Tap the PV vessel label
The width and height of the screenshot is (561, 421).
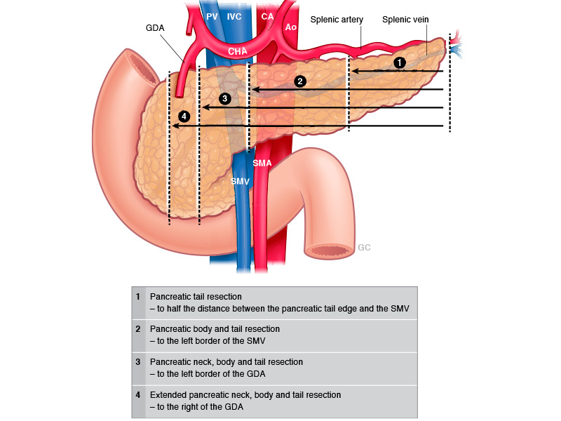click(x=212, y=15)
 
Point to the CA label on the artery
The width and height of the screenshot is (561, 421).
click(x=267, y=15)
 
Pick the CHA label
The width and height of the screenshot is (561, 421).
click(x=238, y=52)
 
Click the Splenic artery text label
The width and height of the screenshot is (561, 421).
click(x=337, y=20)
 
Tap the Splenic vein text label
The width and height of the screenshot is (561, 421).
click(x=405, y=20)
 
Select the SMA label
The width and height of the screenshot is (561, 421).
click(x=262, y=163)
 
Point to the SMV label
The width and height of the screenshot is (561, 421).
click(x=240, y=181)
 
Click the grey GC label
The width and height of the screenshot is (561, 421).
click(x=364, y=248)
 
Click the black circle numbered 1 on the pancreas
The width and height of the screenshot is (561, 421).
click(x=400, y=62)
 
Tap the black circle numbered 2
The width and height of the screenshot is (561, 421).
click(x=300, y=81)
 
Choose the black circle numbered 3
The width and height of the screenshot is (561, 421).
click(x=224, y=98)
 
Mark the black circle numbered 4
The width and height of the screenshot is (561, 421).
click(x=184, y=116)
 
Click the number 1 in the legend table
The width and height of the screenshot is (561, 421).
click(x=138, y=297)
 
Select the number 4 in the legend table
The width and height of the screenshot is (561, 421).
click(x=138, y=395)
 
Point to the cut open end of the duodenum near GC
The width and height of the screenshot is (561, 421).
click(x=327, y=250)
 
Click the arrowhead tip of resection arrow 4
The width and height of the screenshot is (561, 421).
click(x=173, y=126)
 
